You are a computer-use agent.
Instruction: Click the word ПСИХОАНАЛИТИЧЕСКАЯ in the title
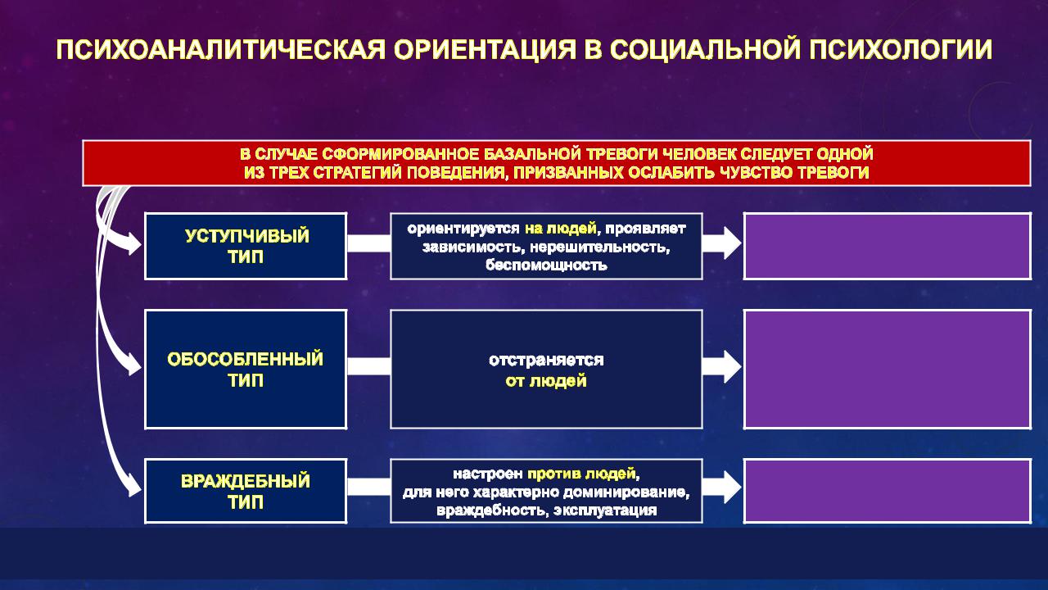(x=220, y=50)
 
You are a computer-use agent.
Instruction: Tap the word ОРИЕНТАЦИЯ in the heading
(x=485, y=50)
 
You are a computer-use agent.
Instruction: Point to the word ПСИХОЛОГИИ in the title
(x=901, y=50)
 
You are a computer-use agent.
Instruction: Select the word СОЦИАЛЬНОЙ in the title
(x=705, y=50)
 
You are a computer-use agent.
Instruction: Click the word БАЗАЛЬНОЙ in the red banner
(x=532, y=154)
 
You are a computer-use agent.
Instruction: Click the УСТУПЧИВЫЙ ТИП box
(x=246, y=247)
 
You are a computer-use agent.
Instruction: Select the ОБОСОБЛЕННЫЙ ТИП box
(x=246, y=369)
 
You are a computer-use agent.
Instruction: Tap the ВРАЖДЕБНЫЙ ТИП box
(x=246, y=491)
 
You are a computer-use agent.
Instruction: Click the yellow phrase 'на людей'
(x=561, y=229)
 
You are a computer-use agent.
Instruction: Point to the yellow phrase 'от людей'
(x=546, y=381)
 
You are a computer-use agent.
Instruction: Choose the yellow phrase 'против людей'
(x=581, y=474)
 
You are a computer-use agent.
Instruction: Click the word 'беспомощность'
(x=546, y=265)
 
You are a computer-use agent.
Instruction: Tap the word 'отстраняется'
(x=546, y=360)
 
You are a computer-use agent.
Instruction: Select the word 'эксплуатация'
(x=605, y=511)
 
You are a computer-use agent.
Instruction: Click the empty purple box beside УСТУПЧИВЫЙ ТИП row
(x=888, y=247)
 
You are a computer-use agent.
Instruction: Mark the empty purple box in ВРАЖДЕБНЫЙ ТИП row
(x=888, y=491)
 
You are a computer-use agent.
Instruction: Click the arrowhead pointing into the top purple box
(x=732, y=243)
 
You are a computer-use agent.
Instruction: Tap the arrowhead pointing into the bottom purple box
(x=732, y=487)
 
